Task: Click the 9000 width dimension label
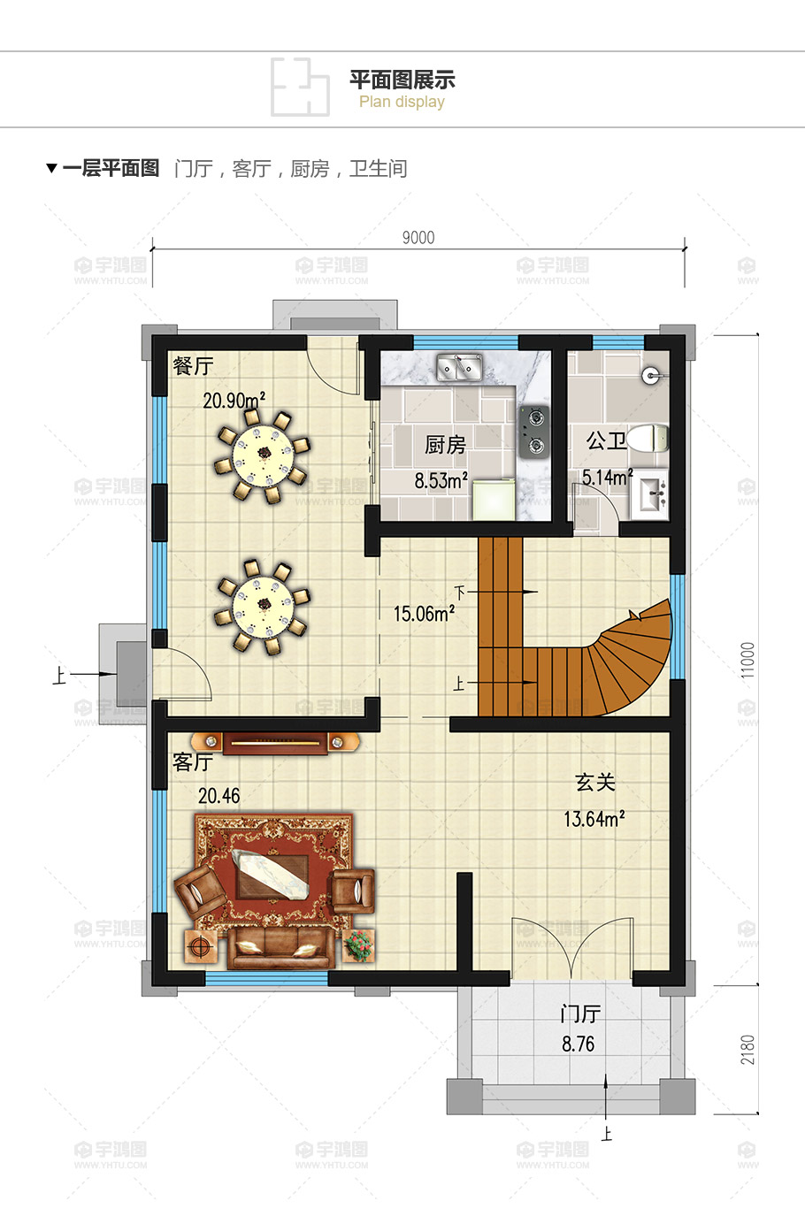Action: pyautogui.click(x=418, y=238)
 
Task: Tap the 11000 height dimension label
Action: pyautogui.click(x=748, y=660)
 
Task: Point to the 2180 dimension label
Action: pyautogui.click(x=748, y=1050)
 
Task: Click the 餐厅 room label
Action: pyautogui.click(x=193, y=366)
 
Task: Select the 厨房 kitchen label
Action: pyautogui.click(x=446, y=445)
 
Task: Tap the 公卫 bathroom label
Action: pyautogui.click(x=606, y=440)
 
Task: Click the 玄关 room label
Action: pyautogui.click(x=594, y=783)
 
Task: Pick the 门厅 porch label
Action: pyautogui.click(x=579, y=1013)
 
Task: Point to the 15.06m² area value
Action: pyautogui.click(x=424, y=614)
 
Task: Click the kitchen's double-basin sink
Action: pyautogui.click(x=459, y=367)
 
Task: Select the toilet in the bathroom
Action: pyautogui.click(x=648, y=438)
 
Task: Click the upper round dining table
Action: pyautogui.click(x=263, y=455)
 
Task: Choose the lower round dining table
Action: pyautogui.click(x=263, y=607)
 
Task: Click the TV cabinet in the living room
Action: pyautogui.click(x=275, y=743)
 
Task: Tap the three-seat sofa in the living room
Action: pyautogui.click(x=280, y=947)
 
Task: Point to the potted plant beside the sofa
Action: pyautogui.click(x=358, y=945)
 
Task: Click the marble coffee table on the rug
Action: pyautogui.click(x=271, y=874)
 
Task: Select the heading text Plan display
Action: pyautogui.click(x=402, y=102)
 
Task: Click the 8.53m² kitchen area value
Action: pyautogui.click(x=441, y=480)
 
